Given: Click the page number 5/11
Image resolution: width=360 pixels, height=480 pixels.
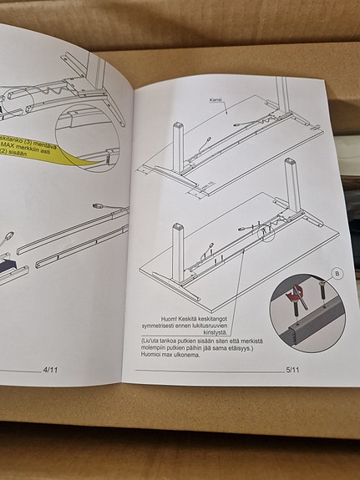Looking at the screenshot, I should tap(293, 370).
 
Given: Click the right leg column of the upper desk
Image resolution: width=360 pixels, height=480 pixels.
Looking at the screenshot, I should tap(290, 174).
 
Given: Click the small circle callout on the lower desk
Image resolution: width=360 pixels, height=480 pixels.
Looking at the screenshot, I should tap(266, 231).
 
